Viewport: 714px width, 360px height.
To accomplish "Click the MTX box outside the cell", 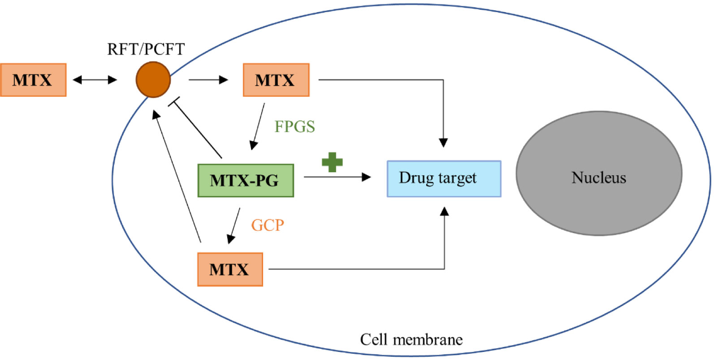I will [x=33, y=80].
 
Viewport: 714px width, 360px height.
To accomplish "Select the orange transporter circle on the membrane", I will [x=153, y=79].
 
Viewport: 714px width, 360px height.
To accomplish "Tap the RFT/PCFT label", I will [x=146, y=49].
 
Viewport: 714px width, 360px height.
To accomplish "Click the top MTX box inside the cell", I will [x=276, y=80].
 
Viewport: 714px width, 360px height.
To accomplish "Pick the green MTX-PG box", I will [x=246, y=180].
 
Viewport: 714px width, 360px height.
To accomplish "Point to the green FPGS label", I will [x=294, y=126].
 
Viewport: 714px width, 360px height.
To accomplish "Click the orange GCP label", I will [x=268, y=225].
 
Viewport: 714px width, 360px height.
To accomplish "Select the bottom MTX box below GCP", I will [x=230, y=269].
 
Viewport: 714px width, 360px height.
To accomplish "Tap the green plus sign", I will [x=332, y=162].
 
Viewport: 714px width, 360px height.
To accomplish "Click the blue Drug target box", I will [x=444, y=178].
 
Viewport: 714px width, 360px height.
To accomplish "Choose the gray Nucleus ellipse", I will [x=599, y=173].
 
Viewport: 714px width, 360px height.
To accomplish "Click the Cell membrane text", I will [x=411, y=339].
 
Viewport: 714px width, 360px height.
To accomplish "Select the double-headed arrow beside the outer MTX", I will [x=95, y=80].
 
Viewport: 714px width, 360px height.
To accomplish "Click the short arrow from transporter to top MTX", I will [x=208, y=80].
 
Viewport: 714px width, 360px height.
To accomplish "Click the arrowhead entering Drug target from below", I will [x=444, y=211].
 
